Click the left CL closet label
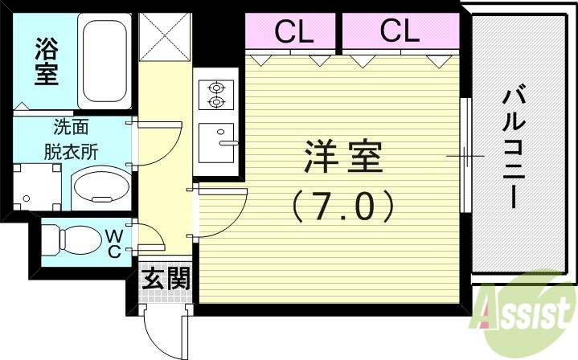click(x=293, y=31)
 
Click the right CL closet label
click(x=400, y=31)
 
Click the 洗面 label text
click(x=71, y=126)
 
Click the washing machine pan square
click(x=37, y=187)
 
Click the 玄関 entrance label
click(x=166, y=280)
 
